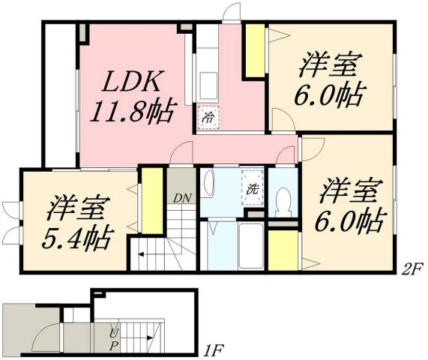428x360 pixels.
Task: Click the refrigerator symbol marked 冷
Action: [x=209, y=116]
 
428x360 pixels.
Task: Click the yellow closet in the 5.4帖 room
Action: [x=152, y=201]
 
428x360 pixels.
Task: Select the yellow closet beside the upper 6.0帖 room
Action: [x=255, y=51]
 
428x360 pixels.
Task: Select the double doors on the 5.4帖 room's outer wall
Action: [x=10, y=223]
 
